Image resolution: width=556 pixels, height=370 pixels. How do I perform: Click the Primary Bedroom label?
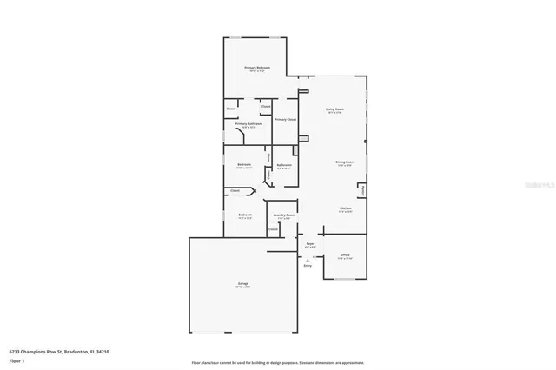pos(256,68)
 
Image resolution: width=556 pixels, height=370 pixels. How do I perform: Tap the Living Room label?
pos(334,109)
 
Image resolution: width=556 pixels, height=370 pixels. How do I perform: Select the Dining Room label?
pos(345,162)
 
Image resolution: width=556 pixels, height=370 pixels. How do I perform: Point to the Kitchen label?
pos(345,209)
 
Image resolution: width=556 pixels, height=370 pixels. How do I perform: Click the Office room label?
pos(345,255)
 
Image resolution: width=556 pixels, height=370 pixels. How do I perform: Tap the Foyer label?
pos(309,245)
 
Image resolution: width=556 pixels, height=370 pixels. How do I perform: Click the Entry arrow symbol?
pos(308,259)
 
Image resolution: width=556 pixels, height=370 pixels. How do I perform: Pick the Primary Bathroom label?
pos(248,124)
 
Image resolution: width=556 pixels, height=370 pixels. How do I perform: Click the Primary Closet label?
pos(285,119)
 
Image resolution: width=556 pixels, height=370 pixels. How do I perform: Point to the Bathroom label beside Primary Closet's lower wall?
pos(284,165)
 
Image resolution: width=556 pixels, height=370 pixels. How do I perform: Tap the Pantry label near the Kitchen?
pos(363,188)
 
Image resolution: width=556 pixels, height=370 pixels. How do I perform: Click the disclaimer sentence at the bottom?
pos(278,361)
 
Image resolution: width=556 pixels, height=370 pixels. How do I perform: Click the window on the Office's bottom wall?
pos(345,280)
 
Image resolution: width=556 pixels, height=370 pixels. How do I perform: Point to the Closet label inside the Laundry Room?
pos(272,229)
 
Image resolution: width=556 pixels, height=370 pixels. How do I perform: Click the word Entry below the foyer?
pos(308,266)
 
